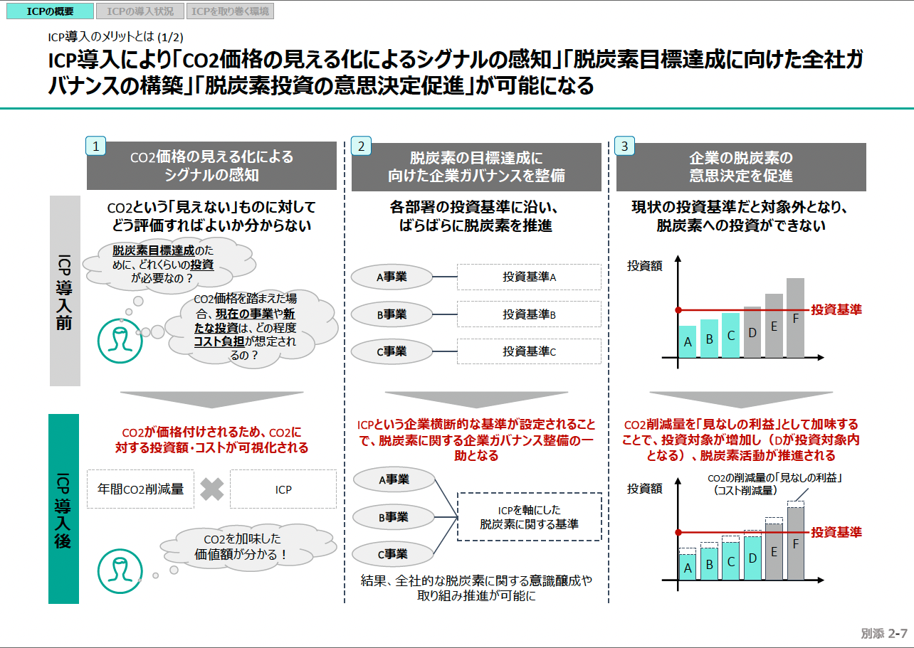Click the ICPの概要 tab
(49, 11)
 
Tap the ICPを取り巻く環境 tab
(231, 11)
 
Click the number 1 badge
(95, 146)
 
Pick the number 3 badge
(625, 147)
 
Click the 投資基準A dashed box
(529, 277)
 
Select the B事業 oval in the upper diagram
(392, 314)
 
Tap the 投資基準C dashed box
(529, 351)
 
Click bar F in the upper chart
(795, 318)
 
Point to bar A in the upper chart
(688, 341)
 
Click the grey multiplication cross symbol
(212, 489)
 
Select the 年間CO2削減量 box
(140, 489)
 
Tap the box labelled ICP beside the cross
(283, 489)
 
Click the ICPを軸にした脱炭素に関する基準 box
(529, 517)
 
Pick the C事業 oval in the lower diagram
(392, 554)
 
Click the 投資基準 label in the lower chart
(836, 532)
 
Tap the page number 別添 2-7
(883, 634)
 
